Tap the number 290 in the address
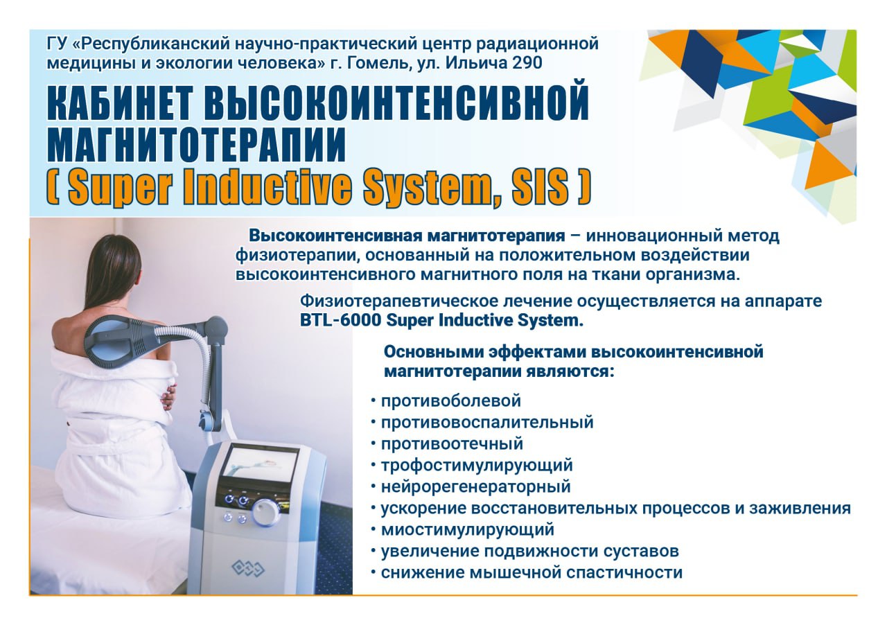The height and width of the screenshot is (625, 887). click(x=527, y=62)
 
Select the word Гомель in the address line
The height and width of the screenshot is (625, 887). click(x=378, y=63)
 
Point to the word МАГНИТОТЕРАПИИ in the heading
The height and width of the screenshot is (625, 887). click(x=196, y=143)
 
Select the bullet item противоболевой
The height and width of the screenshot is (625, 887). click(x=450, y=400)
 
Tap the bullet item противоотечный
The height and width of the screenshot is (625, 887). click(x=452, y=443)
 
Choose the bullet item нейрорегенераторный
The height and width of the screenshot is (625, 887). click(x=475, y=486)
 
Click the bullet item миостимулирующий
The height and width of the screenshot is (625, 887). click(x=467, y=529)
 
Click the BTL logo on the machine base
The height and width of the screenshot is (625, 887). click(x=248, y=568)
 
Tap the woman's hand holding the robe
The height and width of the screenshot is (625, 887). click(x=168, y=396)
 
